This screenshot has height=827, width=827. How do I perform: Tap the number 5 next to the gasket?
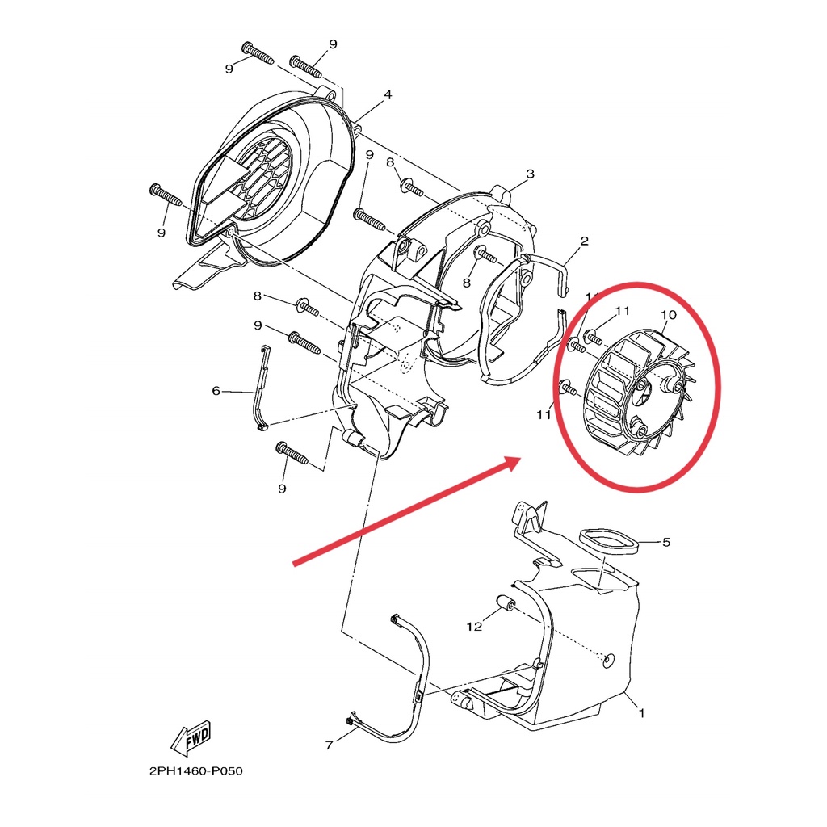[665, 542]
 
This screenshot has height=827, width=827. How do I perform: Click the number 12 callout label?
[475, 626]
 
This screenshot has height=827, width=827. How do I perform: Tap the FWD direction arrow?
[191, 737]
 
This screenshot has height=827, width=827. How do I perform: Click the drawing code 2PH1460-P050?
[195, 771]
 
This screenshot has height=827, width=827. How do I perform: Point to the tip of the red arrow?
[517, 460]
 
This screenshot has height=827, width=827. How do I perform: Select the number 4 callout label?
[388, 94]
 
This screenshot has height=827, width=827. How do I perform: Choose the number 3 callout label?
[530, 174]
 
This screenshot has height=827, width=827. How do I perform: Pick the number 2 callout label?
[584, 241]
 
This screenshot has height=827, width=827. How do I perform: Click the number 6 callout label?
[216, 391]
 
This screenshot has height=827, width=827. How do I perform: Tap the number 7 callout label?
[329, 745]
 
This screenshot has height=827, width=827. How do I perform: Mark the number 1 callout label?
[641, 713]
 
